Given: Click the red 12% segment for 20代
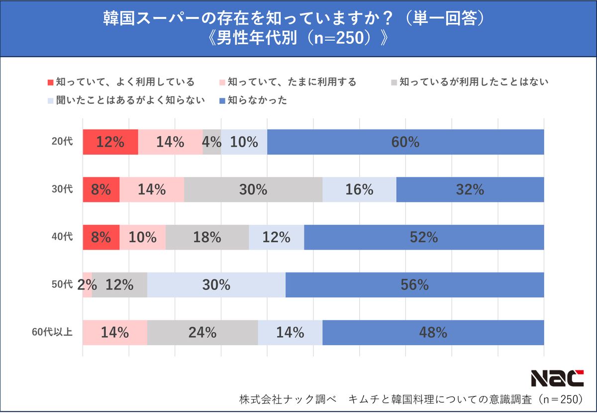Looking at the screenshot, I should [110, 142].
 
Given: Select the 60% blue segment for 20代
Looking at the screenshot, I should [405, 142].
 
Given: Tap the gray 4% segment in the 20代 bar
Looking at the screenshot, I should [212, 142].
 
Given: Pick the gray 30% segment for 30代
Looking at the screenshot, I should [253, 189].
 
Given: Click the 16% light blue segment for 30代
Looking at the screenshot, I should [359, 189].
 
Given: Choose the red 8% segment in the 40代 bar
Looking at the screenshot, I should [101, 237].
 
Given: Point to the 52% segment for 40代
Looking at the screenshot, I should [424, 237].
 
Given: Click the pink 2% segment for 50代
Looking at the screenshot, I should [88, 285].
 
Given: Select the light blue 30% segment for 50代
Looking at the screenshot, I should [216, 285].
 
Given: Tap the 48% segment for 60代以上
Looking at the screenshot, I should [433, 332].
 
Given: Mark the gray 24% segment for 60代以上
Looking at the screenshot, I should [202, 332].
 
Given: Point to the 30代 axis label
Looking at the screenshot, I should [62, 189].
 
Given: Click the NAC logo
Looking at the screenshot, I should [557, 378].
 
